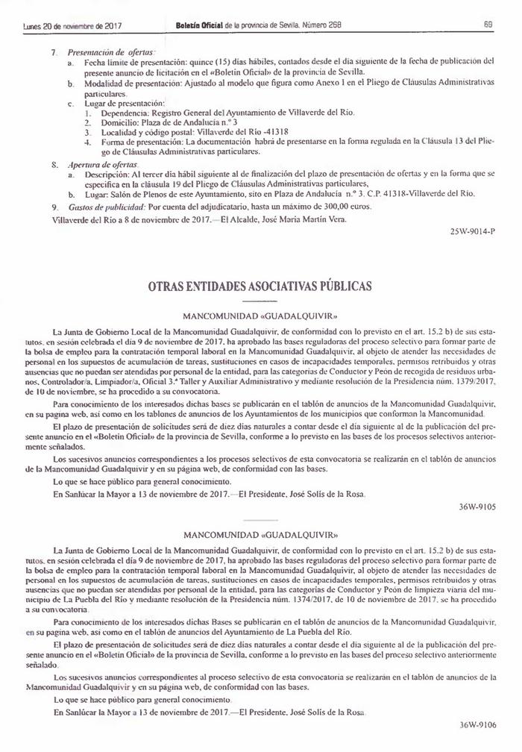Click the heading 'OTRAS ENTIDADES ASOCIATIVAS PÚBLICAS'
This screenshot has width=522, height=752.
(x=260, y=286)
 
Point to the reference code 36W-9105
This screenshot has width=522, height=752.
(x=478, y=507)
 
